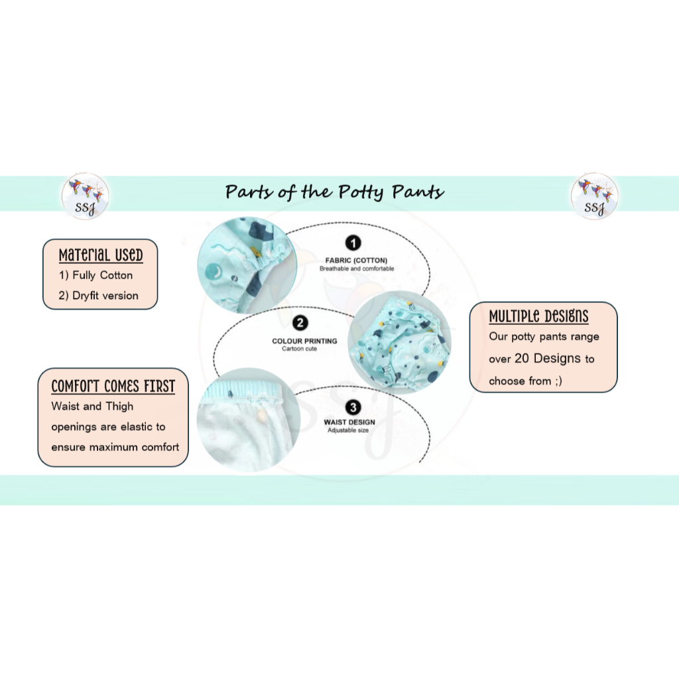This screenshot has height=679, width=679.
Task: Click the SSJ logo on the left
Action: (85, 196)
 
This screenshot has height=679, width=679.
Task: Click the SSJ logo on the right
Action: (594, 196)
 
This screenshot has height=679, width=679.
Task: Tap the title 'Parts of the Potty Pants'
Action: (335, 192)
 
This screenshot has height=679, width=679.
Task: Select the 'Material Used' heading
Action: (101, 255)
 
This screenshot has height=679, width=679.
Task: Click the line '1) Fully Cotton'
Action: (95, 275)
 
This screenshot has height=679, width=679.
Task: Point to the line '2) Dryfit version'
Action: (98, 296)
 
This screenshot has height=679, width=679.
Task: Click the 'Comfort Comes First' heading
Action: (113, 386)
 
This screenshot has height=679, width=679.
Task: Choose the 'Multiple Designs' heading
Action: (538, 316)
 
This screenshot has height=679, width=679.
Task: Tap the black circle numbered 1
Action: (354, 243)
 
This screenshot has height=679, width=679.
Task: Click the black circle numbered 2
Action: (301, 324)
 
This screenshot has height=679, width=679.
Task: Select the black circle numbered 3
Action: (353, 407)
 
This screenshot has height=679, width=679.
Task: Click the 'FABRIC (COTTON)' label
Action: (357, 261)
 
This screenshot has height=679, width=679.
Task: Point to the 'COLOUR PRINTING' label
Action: (304, 341)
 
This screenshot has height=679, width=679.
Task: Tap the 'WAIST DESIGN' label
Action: (349, 422)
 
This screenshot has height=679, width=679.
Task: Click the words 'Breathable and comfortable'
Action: (357, 269)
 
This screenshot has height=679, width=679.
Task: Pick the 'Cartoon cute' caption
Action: (300, 349)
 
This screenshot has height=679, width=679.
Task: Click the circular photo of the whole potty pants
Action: (398, 342)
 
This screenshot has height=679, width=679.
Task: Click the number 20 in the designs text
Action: (523, 359)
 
